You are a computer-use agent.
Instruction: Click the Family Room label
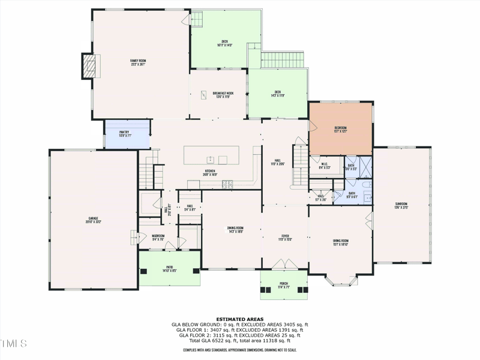(139, 61)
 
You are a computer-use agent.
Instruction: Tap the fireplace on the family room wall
(89, 67)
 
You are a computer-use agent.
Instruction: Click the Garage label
(93, 219)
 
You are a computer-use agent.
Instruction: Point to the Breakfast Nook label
(223, 94)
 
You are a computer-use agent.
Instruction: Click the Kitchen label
(210, 172)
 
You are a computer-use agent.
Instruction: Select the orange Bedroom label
(340, 129)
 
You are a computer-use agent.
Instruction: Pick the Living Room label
(341, 242)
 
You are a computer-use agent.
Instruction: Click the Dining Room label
(235, 229)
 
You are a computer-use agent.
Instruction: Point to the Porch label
(284, 284)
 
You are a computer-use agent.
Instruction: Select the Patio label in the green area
(170, 269)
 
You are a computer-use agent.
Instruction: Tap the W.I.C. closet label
(323, 166)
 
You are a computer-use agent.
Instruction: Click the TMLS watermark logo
(14, 344)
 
